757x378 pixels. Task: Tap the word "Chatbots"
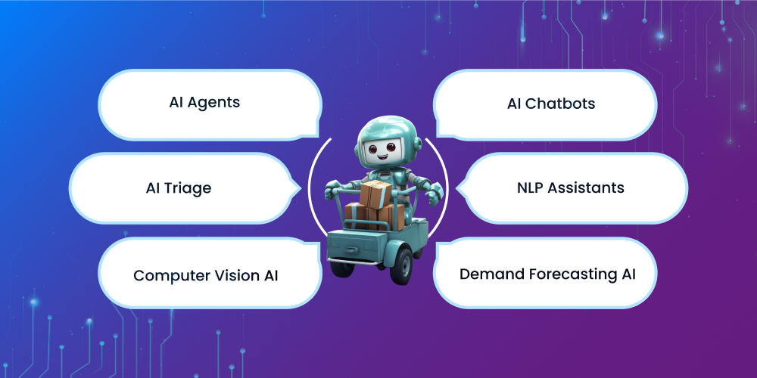click(561, 104)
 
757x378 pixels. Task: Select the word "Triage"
click(189, 188)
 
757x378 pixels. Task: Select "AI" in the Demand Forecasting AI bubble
click(627, 274)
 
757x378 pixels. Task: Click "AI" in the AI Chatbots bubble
click(515, 104)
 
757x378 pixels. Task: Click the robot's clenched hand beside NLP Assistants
click(432, 199)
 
